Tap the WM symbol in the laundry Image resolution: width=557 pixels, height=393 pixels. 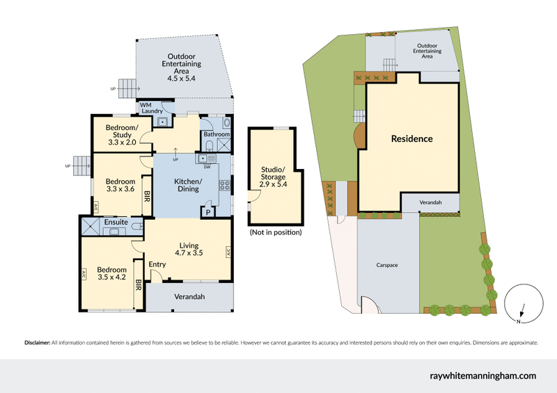[146, 105]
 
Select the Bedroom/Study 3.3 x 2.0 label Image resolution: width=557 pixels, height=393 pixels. [122, 134]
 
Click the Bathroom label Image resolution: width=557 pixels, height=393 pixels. [216, 134]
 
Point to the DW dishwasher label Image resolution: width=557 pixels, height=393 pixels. [207, 167]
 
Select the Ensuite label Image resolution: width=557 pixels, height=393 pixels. [115, 223]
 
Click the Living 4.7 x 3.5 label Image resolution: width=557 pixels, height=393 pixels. [189, 250]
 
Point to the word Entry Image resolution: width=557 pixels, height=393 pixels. [157, 264]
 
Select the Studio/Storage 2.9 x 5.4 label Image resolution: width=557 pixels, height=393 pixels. [273, 177]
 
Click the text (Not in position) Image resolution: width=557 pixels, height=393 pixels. [275, 232]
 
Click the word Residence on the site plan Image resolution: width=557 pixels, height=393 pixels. [411, 138]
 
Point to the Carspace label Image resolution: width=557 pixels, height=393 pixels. [387, 265]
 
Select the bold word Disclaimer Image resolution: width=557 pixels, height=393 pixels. [37, 343]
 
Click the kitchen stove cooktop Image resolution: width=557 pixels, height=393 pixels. [225, 185]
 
